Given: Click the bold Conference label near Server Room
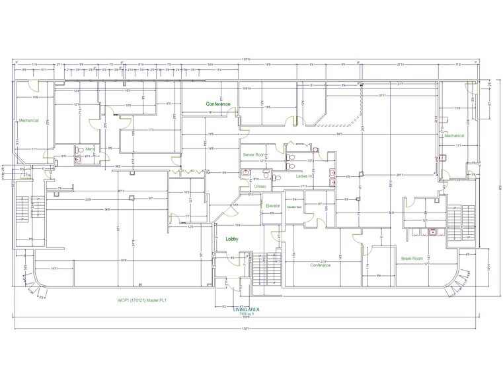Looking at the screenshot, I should tap(217, 104).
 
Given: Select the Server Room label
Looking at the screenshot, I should tap(254, 154).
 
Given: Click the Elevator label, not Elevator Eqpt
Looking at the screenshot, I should tap(274, 205).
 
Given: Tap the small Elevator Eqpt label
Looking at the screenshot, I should tap(293, 207).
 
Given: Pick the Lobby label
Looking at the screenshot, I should tap(231, 239).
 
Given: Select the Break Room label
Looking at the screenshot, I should tap(410, 258).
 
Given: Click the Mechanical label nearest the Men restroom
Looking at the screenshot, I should tap(29, 121).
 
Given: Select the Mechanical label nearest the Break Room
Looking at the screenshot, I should tap(454, 135).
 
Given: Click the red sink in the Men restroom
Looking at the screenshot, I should tap(78, 158).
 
